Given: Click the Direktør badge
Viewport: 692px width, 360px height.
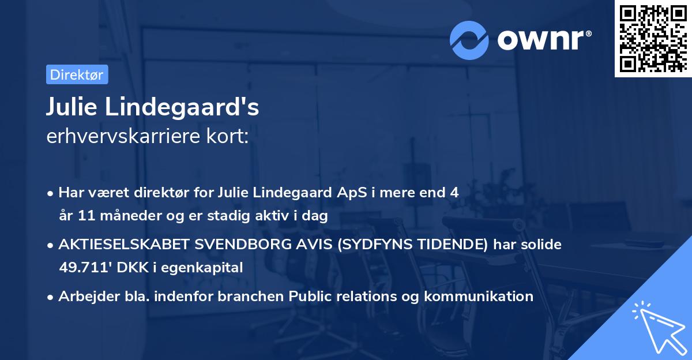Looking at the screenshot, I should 77,74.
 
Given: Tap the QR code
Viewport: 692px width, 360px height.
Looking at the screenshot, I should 652,38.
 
